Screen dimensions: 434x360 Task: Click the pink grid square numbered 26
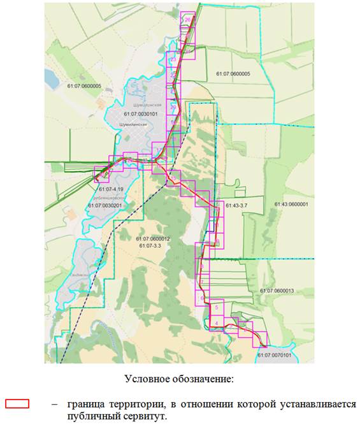(x=188, y=20)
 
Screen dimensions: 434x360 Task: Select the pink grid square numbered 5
(x=217, y=308)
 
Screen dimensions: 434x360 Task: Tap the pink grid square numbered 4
(x=217, y=324)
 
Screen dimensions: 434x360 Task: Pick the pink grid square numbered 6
(x=202, y=298)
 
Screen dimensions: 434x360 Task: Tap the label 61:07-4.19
(x=112, y=189)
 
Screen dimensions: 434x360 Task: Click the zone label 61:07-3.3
(x=152, y=245)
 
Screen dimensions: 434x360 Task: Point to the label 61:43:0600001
(x=291, y=205)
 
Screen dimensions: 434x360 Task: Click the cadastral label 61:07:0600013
(x=279, y=291)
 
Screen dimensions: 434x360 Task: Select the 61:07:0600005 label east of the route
(x=233, y=74)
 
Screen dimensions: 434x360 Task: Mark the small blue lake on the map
(x=51, y=78)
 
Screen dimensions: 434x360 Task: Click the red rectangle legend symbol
(x=17, y=404)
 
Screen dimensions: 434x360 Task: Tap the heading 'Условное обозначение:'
(x=179, y=379)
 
